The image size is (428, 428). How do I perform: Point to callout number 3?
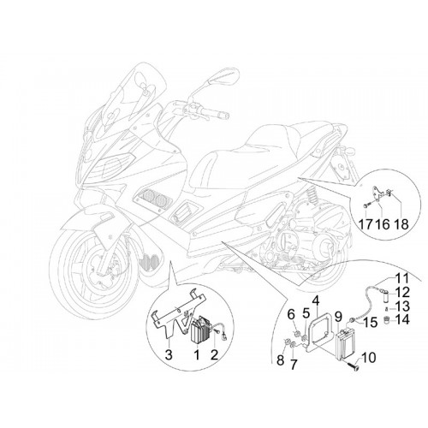[169, 354]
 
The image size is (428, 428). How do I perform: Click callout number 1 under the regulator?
[197, 354]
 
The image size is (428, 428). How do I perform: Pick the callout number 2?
[214, 354]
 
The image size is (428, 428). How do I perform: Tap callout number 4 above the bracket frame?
[315, 301]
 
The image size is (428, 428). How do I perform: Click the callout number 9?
[338, 316]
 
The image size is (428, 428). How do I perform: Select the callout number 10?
[368, 358]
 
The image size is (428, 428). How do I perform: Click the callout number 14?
[402, 319]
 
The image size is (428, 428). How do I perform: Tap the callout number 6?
[291, 315]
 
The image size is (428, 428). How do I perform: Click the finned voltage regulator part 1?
[200, 330]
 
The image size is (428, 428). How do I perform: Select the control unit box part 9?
[346, 345]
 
